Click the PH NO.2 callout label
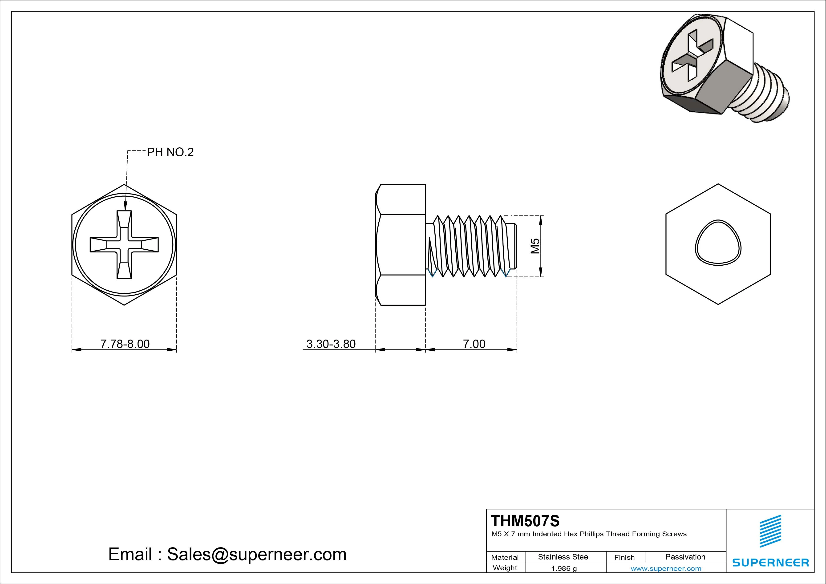(170, 152)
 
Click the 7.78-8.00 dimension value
(125, 344)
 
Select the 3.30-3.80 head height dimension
(331, 344)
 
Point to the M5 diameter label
(535, 246)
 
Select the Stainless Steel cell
(563, 557)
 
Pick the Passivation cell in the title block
(685, 557)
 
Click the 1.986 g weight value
(564, 568)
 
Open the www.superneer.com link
(666, 568)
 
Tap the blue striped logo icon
(770, 531)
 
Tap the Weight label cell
(505, 568)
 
